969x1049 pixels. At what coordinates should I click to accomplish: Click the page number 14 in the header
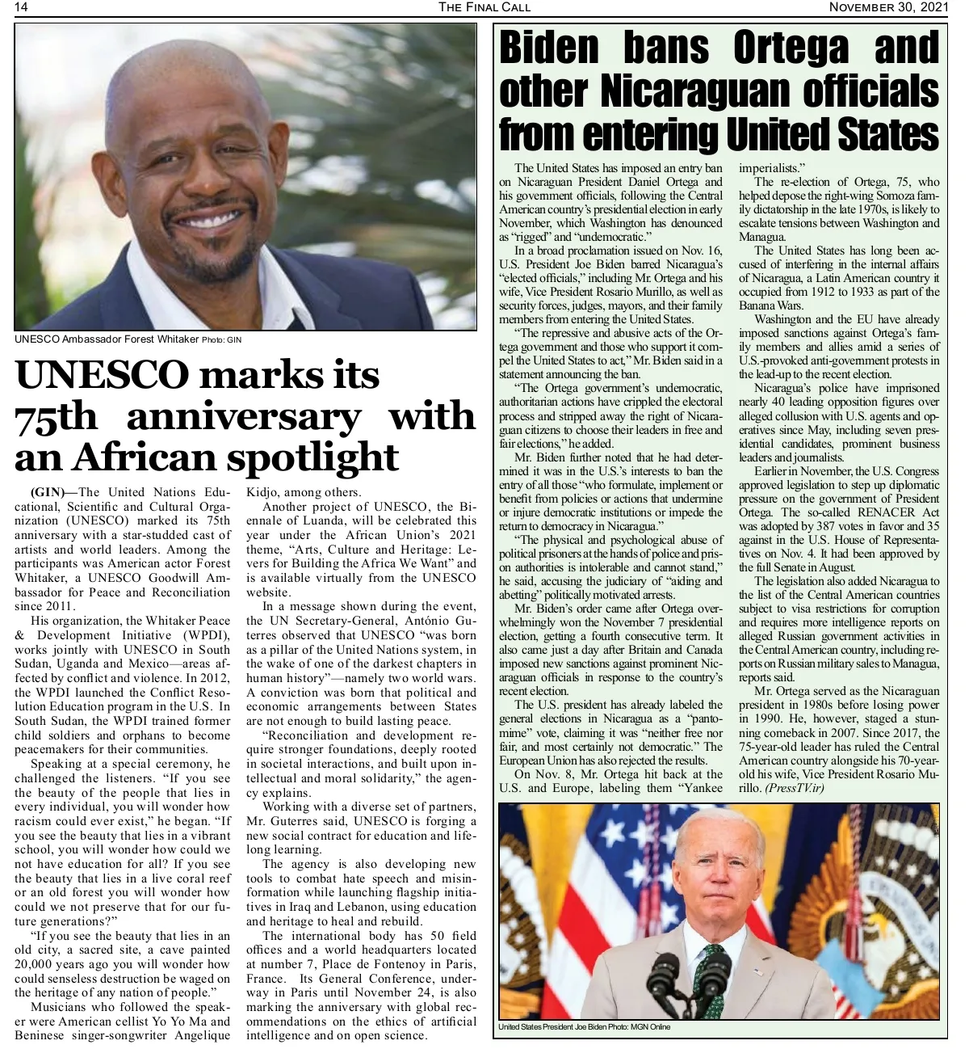22,7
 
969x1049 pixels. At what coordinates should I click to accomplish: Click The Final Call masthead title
484,7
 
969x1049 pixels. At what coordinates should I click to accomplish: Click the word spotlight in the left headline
312,457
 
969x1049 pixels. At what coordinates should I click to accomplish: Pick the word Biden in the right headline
549,49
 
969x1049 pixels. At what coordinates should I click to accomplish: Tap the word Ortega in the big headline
791,49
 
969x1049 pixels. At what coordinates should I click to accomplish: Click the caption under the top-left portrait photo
128,339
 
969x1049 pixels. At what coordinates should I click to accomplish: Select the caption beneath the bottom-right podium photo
584,1027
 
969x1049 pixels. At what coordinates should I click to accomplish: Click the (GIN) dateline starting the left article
53,492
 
